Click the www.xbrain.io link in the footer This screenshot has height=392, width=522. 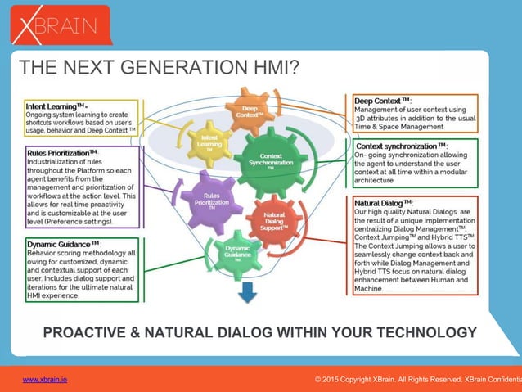(x=45, y=381)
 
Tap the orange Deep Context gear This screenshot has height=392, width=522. (x=250, y=111)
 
